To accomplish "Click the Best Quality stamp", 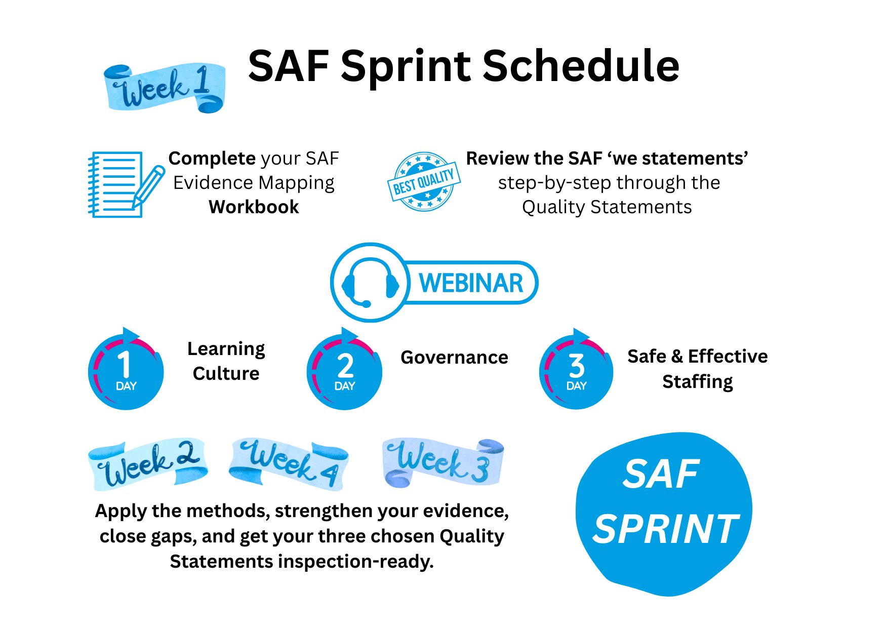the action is [424, 182].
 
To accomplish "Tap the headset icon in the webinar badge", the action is [370, 283].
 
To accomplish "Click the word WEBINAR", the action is [471, 283].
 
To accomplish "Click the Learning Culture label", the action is [226, 361].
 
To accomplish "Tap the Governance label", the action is [454, 358].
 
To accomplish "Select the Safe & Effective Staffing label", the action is [698, 369].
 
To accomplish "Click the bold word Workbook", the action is [254, 207].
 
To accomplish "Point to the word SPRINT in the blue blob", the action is [666, 529].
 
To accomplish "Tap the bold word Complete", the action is [212, 159].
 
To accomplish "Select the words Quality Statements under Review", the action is [607, 207].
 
